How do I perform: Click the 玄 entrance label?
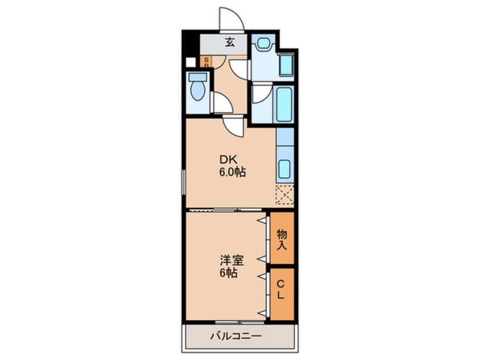click(230, 41)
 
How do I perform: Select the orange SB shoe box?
click(206, 62)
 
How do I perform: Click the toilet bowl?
click(198, 90)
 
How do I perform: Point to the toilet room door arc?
click(221, 102)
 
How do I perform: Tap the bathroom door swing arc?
click(260, 93)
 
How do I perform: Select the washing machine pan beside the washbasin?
click(286, 65)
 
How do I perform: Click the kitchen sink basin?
click(285, 168)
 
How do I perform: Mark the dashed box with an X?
click(285, 195)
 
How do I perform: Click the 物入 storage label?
click(282, 238)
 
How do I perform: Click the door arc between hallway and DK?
click(233, 125)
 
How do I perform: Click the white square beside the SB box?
click(191, 62)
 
